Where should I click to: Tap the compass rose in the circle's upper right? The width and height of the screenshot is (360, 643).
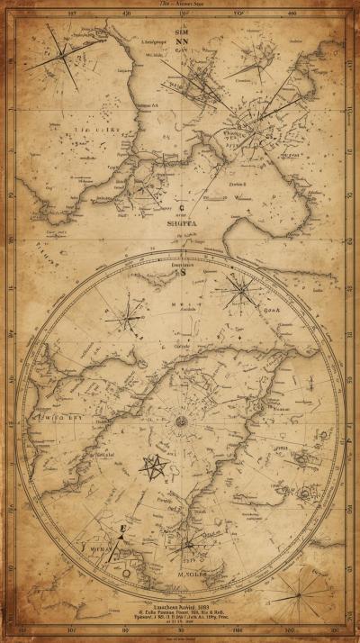coord(240,291)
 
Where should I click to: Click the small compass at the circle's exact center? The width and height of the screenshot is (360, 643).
coord(181,421)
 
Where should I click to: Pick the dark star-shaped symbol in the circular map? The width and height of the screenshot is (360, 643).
coord(152,466)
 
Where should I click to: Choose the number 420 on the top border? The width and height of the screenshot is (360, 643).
coord(126,14)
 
